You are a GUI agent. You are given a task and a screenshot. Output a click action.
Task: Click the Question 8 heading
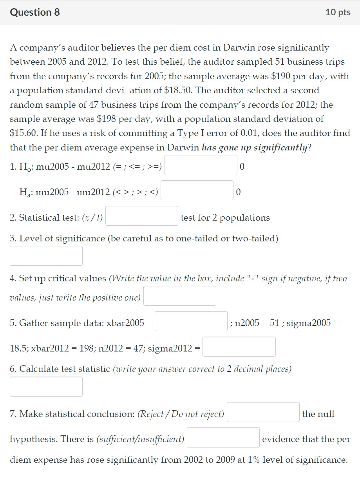click(x=35, y=13)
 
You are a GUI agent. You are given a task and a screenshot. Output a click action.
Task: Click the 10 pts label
click(x=338, y=13)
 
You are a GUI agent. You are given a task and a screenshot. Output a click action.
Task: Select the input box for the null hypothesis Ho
click(x=201, y=165)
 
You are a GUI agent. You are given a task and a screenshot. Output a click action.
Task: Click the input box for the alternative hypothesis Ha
click(x=197, y=190)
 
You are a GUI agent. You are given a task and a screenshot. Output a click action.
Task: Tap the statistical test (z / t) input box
click(x=141, y=216)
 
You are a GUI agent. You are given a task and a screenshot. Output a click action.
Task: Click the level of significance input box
click(x=46, y=256)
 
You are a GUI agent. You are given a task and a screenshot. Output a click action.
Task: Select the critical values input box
click(x=179, y=296)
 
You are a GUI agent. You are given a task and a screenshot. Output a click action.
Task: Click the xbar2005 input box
click(x=191, y=321)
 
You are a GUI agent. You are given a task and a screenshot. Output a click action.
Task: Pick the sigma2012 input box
click(x=239, y=347)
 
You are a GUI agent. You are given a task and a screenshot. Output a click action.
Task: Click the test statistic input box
click(x=46, y=387)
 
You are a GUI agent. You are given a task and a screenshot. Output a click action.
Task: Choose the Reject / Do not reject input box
click(x=263, y=412)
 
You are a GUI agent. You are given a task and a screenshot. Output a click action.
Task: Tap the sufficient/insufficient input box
click(x=223, y=437)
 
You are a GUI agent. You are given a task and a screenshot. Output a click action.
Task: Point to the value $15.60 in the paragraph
click(x=23, y=133)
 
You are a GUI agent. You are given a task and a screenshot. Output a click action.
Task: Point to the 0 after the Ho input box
click(x=242, y=167)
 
